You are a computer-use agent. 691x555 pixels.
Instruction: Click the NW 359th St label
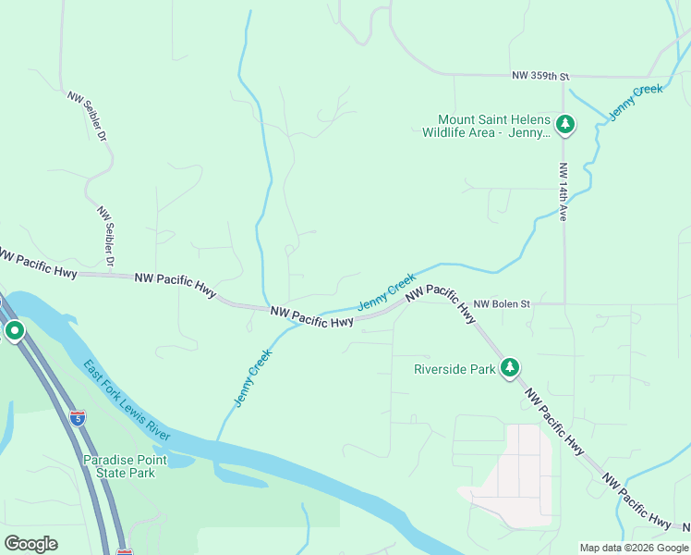(542, 76)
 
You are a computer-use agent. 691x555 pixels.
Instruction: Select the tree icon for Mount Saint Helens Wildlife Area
(565, 124)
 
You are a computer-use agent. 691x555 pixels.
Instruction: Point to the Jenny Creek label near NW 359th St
(636, 102)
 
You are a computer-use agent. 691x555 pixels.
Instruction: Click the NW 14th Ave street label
(563, 192)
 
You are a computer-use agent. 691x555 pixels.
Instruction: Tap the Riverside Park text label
(455, 369)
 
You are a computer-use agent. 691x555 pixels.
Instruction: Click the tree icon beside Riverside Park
(509, 368)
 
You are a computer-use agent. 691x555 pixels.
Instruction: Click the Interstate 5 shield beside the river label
(78, 419)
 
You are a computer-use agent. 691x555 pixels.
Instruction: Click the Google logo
(30, 544)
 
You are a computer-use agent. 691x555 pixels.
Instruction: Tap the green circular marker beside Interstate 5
(14, 330)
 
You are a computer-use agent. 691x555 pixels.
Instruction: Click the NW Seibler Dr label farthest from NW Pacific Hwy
(89, 116)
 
